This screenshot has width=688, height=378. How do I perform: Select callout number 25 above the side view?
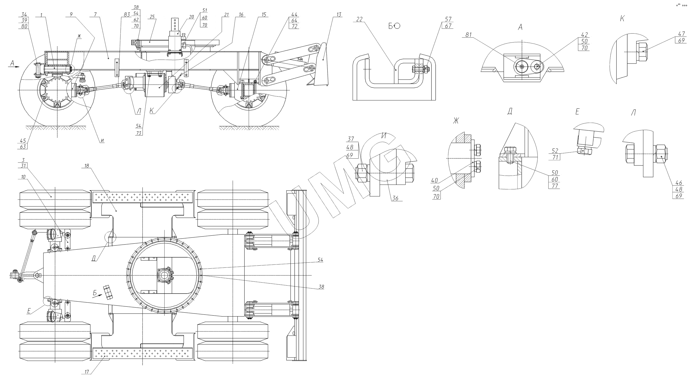(x=152, y=17)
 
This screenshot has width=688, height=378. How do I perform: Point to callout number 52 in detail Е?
(x=554, y=151)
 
